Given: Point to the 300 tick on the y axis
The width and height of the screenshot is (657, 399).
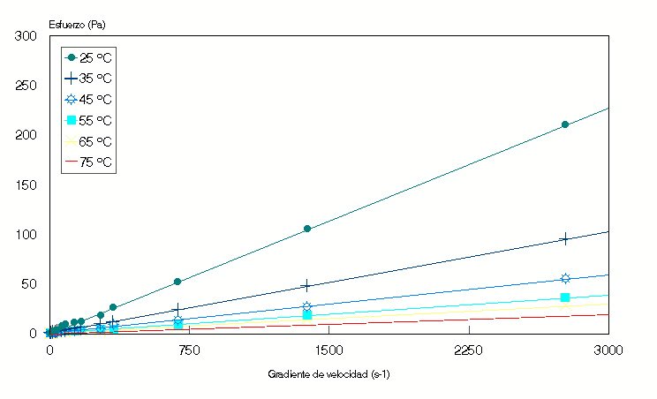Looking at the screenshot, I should click(x=26, y=36).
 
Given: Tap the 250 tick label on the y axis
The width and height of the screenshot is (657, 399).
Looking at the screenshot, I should click(x=26, y=86).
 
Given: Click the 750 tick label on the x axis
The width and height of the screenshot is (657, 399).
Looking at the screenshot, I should click(x=188, y=350).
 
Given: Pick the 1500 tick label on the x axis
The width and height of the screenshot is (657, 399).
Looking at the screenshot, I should click(x=328, y=350).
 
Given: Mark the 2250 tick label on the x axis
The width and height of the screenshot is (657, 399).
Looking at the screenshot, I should click(x=468, y=350).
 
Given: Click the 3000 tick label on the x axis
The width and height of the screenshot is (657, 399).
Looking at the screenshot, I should click(x=608, y=350).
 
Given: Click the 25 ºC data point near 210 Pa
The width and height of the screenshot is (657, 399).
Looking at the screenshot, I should click(x=565, y=124).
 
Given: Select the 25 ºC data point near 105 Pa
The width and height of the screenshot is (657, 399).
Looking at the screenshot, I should click(x=307, y=229).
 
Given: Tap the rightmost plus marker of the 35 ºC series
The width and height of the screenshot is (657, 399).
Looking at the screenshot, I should click(x=565, y=238).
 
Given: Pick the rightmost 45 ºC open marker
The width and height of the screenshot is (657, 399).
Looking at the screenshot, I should click(x=565, y=279).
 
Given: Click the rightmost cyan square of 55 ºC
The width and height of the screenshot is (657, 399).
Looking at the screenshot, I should click(x=565, y=297).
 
